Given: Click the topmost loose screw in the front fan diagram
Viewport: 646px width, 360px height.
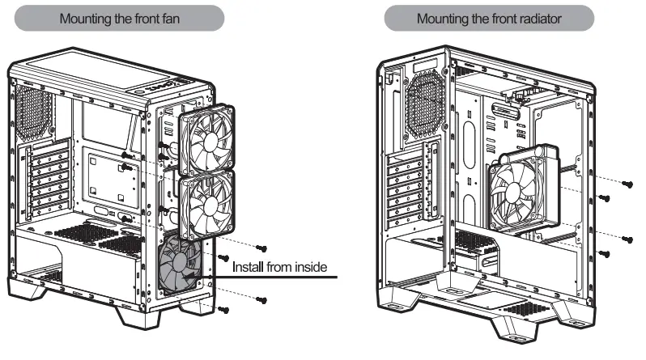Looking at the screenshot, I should [x=261, y=247].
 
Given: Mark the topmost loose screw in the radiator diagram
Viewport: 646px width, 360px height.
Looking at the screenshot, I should [x=627, y=184].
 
